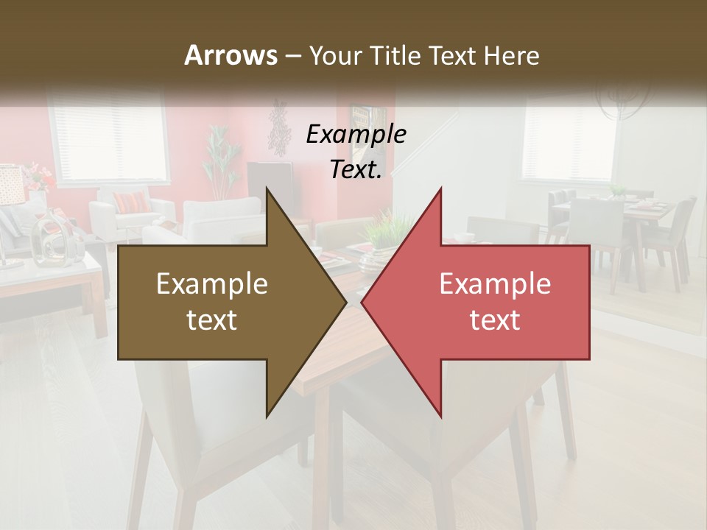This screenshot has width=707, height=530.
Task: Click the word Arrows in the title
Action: [231, 55]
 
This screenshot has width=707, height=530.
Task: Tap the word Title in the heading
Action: [393, 55]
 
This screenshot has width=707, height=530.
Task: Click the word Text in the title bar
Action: [451, 55]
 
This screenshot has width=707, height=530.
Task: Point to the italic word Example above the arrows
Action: [356, 134]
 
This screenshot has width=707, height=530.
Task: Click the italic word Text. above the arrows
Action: [356, 170]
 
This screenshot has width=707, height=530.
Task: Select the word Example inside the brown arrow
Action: [211, 284]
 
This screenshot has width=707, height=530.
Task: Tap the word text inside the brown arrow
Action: [211, 320]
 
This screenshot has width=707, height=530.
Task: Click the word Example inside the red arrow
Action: [495, 284]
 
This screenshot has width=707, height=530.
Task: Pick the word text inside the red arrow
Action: [495, 320]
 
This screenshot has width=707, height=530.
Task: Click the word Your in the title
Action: [335, 55]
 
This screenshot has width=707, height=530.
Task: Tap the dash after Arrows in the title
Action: [292, 56]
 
